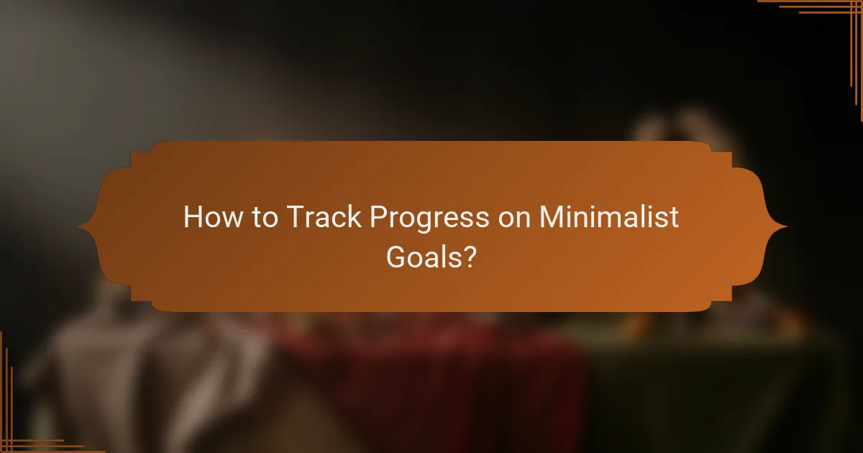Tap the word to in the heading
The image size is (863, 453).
point(264,216)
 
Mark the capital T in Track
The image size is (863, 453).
point(293,216)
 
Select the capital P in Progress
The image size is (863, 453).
point(378,216)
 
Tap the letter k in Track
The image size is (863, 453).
point(355,216)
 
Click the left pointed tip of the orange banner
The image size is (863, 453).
point(78,226)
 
